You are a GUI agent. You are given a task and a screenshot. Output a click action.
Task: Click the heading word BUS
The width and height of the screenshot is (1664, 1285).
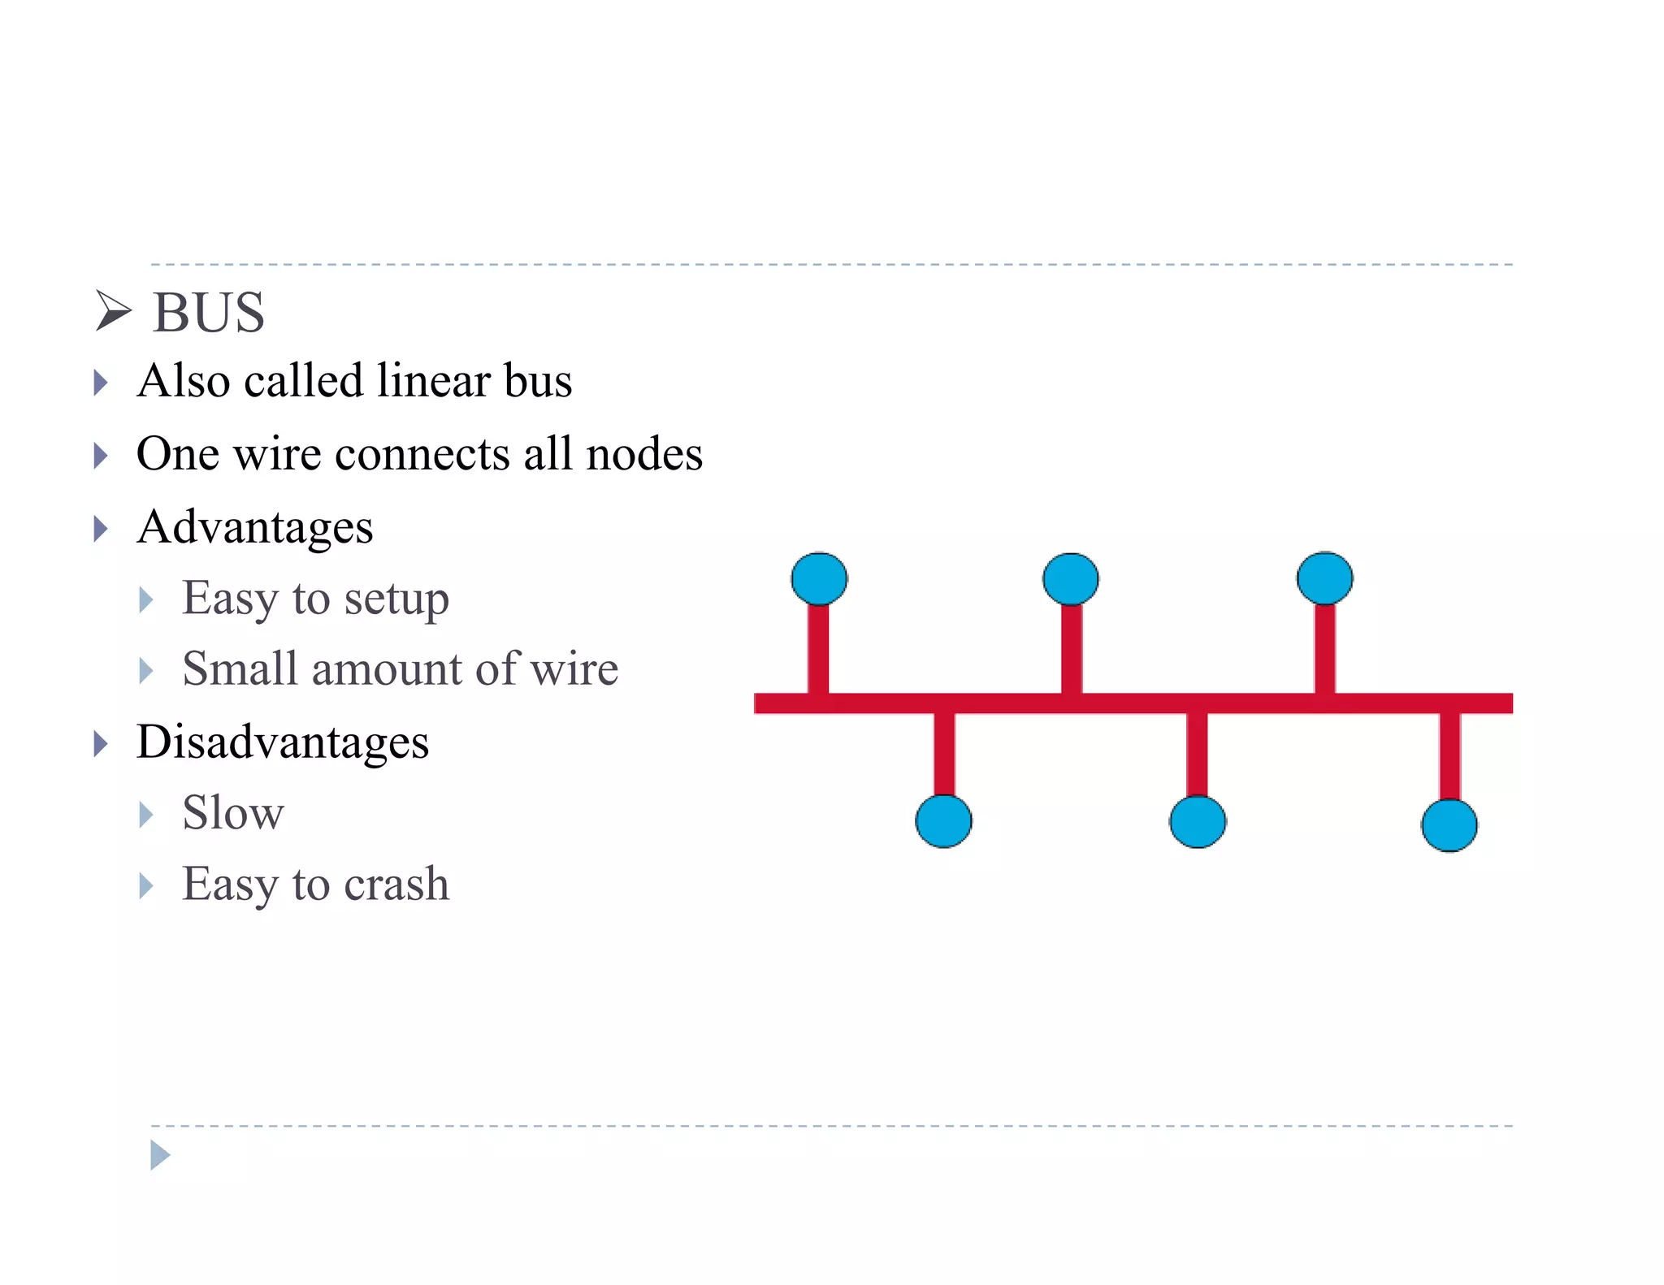209,313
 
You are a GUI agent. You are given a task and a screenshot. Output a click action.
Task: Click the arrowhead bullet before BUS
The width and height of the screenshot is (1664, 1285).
112,311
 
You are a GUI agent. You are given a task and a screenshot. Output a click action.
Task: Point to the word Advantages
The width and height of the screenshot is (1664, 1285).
255,527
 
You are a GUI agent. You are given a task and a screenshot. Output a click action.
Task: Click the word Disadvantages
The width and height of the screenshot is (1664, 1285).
283,742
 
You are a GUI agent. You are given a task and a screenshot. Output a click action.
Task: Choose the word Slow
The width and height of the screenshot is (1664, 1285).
233,813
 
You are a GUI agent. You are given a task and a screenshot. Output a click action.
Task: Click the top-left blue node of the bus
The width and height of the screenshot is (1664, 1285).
819,579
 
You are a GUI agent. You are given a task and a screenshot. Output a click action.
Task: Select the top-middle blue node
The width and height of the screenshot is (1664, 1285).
1071,579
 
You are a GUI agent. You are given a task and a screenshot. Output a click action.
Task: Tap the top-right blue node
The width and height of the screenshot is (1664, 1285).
1324,578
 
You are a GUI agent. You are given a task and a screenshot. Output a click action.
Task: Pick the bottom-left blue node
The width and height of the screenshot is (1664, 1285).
943,821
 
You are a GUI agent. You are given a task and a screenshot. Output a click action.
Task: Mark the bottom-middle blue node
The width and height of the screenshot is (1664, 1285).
1198,821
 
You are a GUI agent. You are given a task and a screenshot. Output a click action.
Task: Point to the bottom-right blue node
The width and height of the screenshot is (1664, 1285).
1449,825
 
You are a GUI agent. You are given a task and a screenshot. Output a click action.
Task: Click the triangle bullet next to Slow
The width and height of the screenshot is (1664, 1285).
146,815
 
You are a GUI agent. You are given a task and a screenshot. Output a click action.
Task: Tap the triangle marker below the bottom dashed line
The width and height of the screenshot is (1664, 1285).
160,1155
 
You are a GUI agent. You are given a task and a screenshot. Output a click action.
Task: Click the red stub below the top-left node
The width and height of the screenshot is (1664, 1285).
818,649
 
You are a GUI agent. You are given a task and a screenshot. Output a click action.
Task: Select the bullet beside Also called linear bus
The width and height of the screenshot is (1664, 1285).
101,383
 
